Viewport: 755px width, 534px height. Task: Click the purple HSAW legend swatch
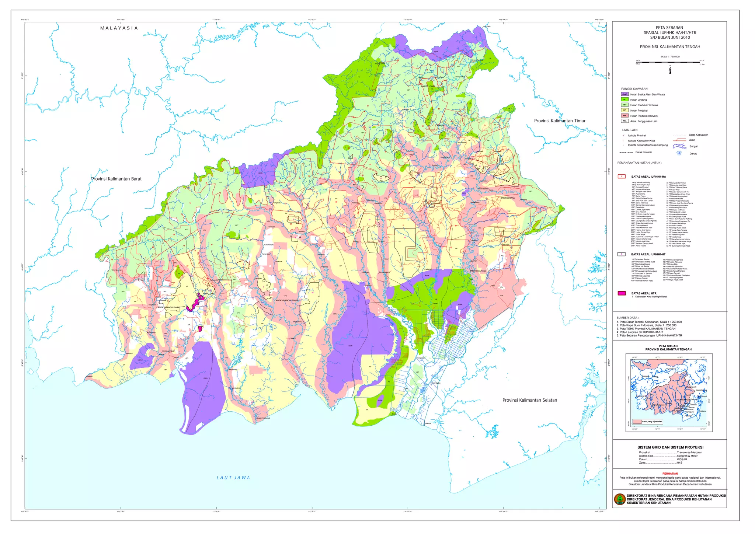click(x=624, y=94)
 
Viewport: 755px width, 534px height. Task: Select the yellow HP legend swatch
click(x=624, y=110)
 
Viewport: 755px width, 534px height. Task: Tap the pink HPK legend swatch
click(x=624, y=116)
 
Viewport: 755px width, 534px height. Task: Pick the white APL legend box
click(x=624, y=121)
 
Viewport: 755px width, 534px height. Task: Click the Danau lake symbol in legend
click(x=679, y=153)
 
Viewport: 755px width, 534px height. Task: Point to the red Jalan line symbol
click(x=679, y=140)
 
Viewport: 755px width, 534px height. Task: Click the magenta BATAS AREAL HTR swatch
click(x=622, y=293)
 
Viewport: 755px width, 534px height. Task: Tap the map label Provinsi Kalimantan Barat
click(x=116, y=179)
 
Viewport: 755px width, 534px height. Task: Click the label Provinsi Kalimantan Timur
click(x=560, y=121)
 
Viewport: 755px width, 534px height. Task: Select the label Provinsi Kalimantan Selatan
click(x=529, y=400)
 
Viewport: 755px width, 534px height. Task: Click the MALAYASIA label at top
click(x=119, y=28)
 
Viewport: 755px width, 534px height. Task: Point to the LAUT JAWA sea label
click(x=233, y=478)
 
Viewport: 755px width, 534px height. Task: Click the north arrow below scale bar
click(x=670, y=69)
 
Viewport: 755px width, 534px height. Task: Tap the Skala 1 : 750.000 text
click(x=670, y=57)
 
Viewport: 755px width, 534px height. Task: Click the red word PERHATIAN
click(x=670, y=474)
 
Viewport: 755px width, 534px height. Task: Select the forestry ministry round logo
click(x=620, y=499)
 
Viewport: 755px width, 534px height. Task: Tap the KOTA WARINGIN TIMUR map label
click(x=287, y=300)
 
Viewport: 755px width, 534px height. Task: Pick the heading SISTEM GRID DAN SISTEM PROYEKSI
click(x=670, y=447)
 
